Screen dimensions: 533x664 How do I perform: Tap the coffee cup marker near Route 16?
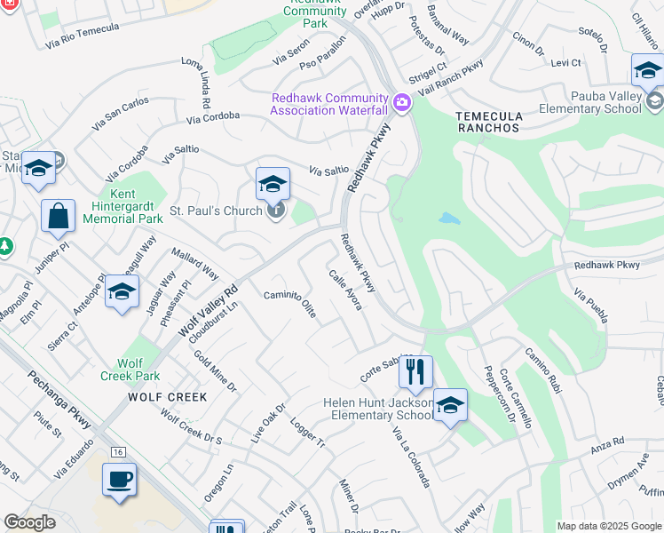pyautogui.click(x=119, y=481)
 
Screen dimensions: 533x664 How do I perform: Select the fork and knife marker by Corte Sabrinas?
pyautogui.click(x=415, y=372)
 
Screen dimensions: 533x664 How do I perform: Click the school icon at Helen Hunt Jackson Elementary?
pyautogui.click(x=450, y=406)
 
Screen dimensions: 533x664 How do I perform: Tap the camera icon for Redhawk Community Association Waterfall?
pyautogui.click(x=401, y=104)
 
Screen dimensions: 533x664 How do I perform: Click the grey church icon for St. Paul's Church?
pyautogui.click(x=277, y=211)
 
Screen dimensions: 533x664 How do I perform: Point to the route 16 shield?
pyautogui.click(x=118, y=452)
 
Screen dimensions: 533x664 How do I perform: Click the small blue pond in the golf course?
pyautogui.click(x=449, y=218)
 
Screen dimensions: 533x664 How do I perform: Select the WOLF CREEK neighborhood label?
pyautogui.click(x=167, y=397)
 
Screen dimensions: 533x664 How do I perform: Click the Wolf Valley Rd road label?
pyautogui.click(x=208, y=312)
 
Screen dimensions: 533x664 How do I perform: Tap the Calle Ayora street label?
pyautogui.click(x=345, y=290)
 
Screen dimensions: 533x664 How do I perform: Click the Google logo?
pyautogui.click(x=30, y=522)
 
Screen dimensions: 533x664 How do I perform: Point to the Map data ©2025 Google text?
pyautogui.click(x=608, y=526)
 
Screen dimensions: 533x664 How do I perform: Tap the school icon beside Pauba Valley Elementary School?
pyautogui.click(x=648, y=70)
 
